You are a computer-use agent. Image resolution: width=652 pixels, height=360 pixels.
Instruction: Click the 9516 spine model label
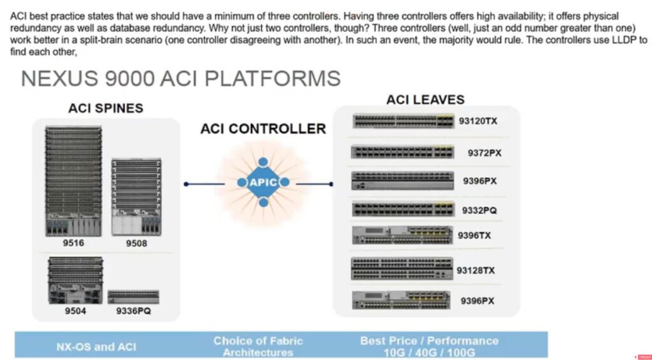click(73, 243)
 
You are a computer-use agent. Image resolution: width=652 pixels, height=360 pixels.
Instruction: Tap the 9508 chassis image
click(136, 197)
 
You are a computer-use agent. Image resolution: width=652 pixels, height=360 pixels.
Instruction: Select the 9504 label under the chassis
click(75, 311)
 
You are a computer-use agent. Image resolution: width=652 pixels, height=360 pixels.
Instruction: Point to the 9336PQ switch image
click(133, 297)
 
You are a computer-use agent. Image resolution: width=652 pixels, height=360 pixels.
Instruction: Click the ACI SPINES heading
click(106, 108)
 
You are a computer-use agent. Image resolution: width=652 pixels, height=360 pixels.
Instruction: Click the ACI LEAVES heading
click(425, 100)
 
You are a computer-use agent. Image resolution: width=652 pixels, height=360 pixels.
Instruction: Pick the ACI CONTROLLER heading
click(263, 129)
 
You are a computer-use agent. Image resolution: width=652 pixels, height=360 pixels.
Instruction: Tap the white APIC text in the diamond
click(263, 182)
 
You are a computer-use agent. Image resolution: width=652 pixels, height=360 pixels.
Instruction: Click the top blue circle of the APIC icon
click(263, 162)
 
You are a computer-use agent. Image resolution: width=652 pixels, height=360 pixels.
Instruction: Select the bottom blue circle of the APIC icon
click(263, 203)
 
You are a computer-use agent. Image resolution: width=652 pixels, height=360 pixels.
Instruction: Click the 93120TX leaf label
click(478, 121)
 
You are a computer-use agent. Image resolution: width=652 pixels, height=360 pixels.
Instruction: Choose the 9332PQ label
click(479, 211)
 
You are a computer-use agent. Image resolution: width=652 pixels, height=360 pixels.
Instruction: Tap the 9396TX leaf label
click(474, 236)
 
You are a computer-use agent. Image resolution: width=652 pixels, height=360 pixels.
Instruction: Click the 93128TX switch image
click(402, 268)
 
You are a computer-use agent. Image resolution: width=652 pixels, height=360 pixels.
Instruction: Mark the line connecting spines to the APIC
click(205, 184)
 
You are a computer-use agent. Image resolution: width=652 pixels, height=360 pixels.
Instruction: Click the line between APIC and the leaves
click(315, 184)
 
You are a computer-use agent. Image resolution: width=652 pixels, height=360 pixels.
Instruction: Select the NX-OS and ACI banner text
click(97, 347)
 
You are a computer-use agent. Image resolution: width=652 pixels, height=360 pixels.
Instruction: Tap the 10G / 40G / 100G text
click(429, 353)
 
